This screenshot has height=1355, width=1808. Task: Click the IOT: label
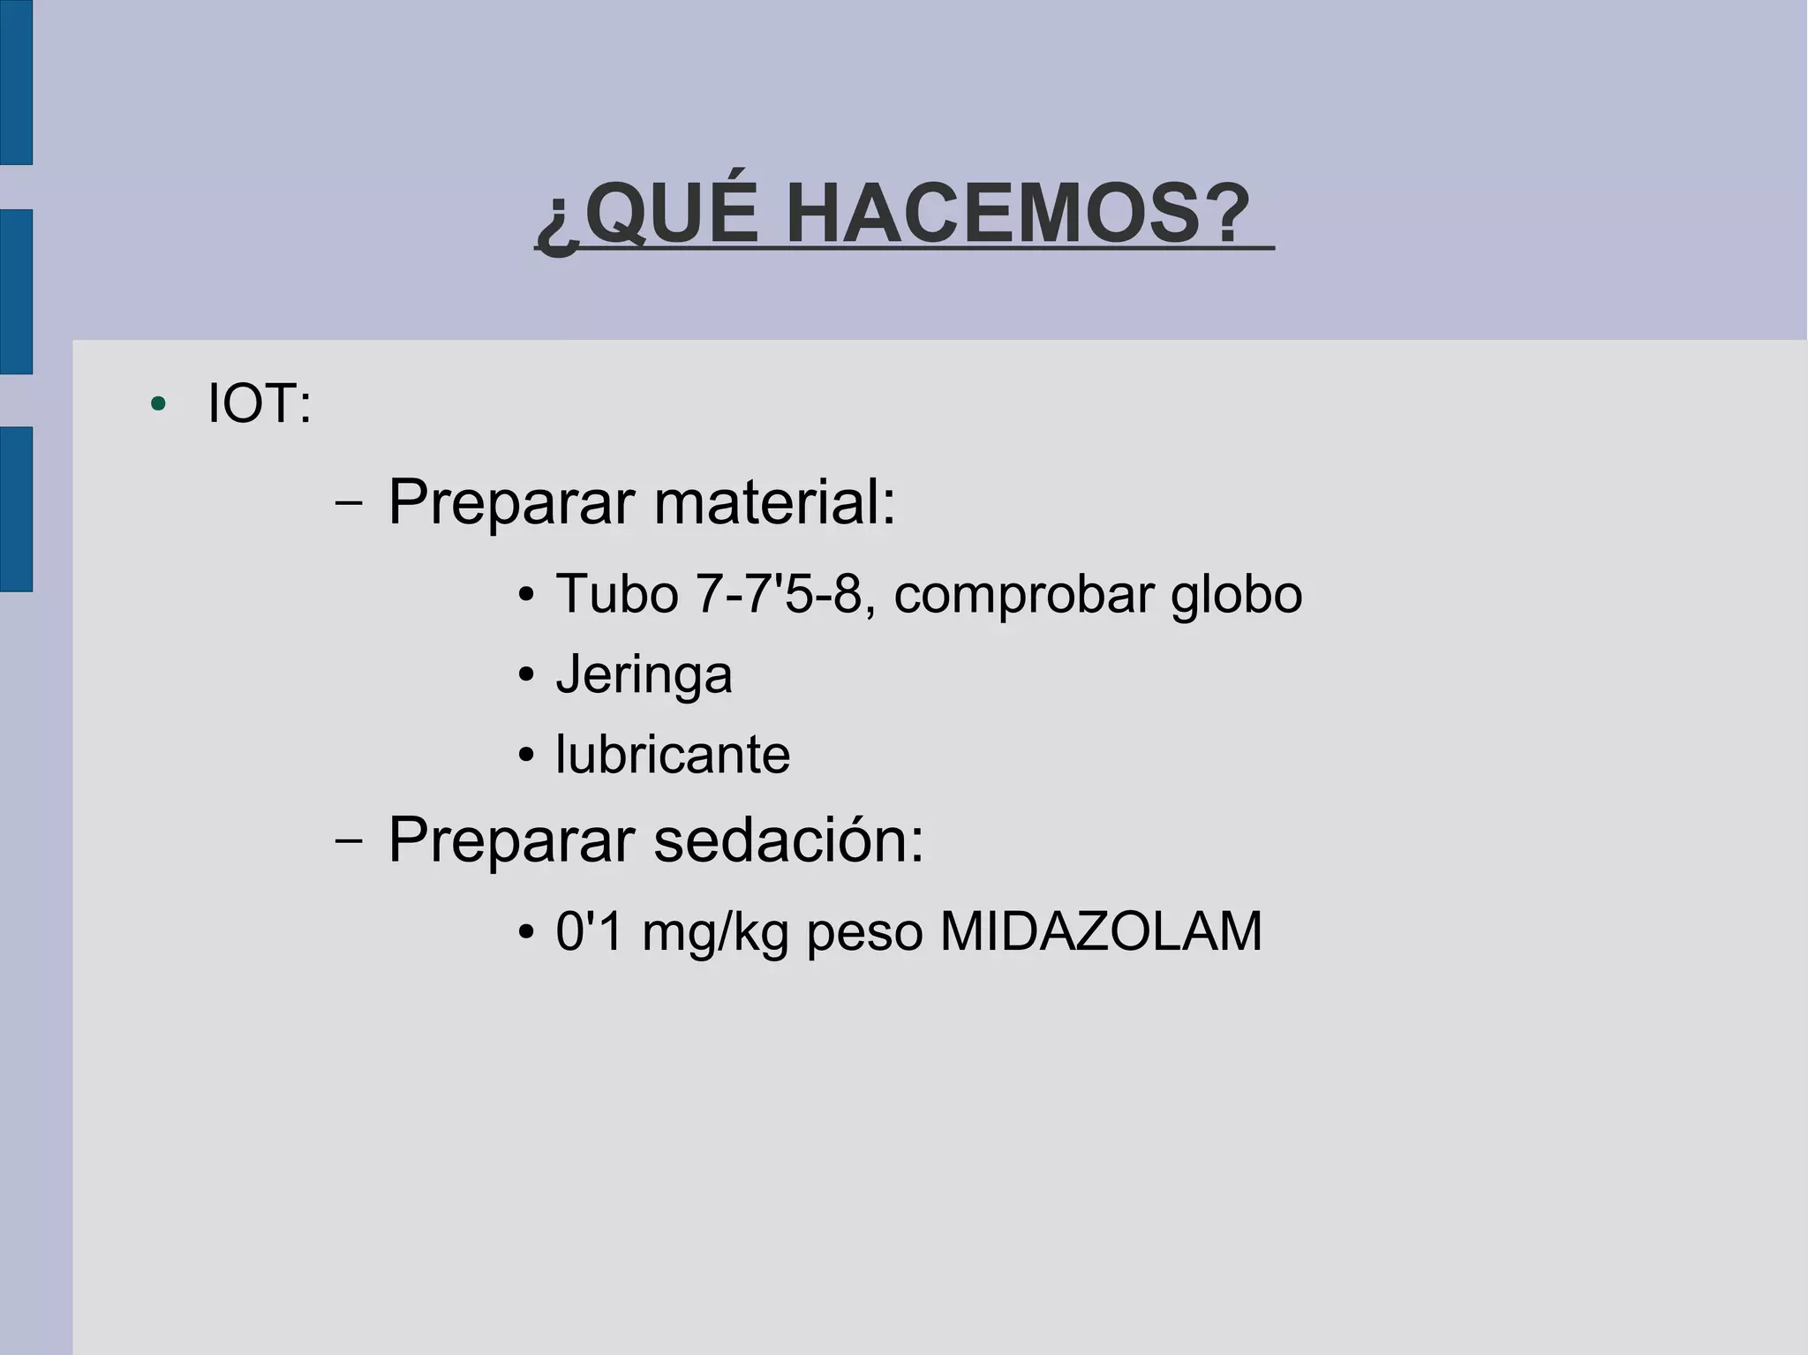pos(260,404)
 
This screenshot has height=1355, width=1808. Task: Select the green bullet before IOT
pos(159,404)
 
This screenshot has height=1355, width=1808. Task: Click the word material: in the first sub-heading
pos(774,502)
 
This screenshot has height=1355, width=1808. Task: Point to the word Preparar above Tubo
pos(511,502)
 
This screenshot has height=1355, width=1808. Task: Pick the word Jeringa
pos(644,675)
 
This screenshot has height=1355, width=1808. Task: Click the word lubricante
pos(673,755)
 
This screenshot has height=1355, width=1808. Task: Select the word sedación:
pos(788,839)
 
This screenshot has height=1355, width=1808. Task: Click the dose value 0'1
pos(589,931)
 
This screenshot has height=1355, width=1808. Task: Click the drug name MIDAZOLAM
pos(1101,931)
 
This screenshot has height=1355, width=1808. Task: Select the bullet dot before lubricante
pos(527,756)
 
